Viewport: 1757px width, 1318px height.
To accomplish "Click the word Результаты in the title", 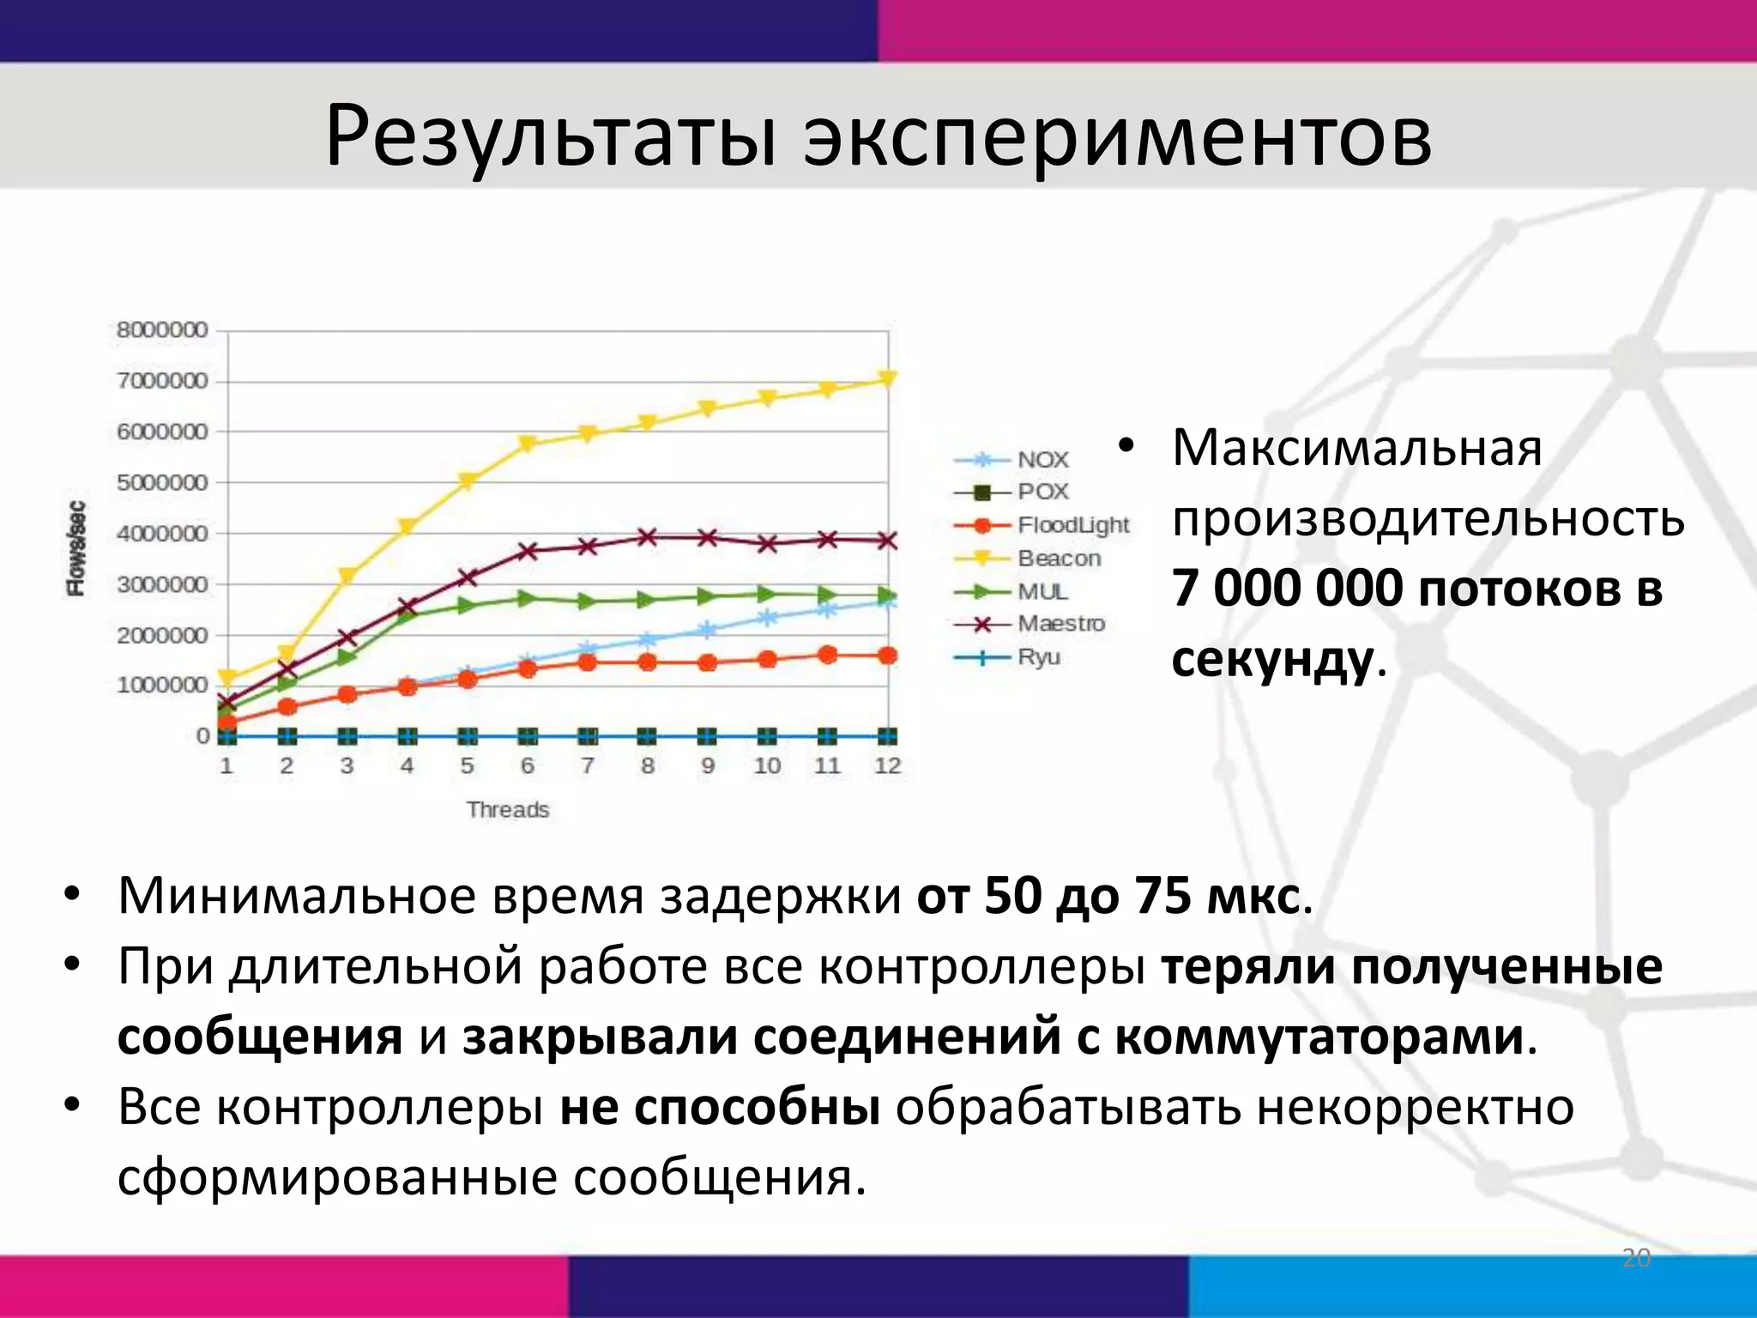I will pyautogui.click(x=549, y=137).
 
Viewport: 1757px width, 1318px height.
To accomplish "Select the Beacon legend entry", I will pyautogui.click(x=1059, y=559).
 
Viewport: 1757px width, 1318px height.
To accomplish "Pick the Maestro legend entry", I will pyautogui.click(x=1060, y=624).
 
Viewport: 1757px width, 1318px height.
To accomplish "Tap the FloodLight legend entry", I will pyautogui.click(x=1072, y=525).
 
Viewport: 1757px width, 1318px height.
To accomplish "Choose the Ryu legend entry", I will pyautogui.click(x=1038, y=657).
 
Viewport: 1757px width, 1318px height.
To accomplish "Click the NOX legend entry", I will pyautogui.click(x=1042, y=460).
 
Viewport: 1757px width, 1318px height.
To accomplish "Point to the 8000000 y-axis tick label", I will pyautogui.click(x=162, y=330).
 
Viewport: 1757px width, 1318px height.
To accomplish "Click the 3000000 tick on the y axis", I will pyautogui.click(x=162, y=584).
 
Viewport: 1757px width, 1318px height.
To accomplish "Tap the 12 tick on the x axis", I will pyautogui.click(x=887, y=765).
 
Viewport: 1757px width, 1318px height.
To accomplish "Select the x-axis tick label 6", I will pyautogui.click(x=527, y=765).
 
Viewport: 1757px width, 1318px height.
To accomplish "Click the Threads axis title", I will pyautogui.click(x=508, y=809).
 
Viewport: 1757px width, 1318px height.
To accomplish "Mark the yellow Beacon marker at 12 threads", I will pyautogui.click(x=888, y=379).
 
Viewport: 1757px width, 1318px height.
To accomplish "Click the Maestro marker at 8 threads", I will pyautogui.click(x=648, y=538).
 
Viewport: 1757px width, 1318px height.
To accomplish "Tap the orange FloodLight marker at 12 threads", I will pyautogui.click(x=888, y=656).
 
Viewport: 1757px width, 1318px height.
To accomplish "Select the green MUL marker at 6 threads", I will pyautogui.click(x=528, y=598).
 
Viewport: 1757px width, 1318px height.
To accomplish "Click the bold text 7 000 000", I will pyautogui.click(x=1287, y=589).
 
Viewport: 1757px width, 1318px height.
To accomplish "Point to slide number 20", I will pyautogui.click(x=1636, y=1259).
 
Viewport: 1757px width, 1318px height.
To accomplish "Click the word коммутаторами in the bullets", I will pyautogui.click(x=1319, y=1037).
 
